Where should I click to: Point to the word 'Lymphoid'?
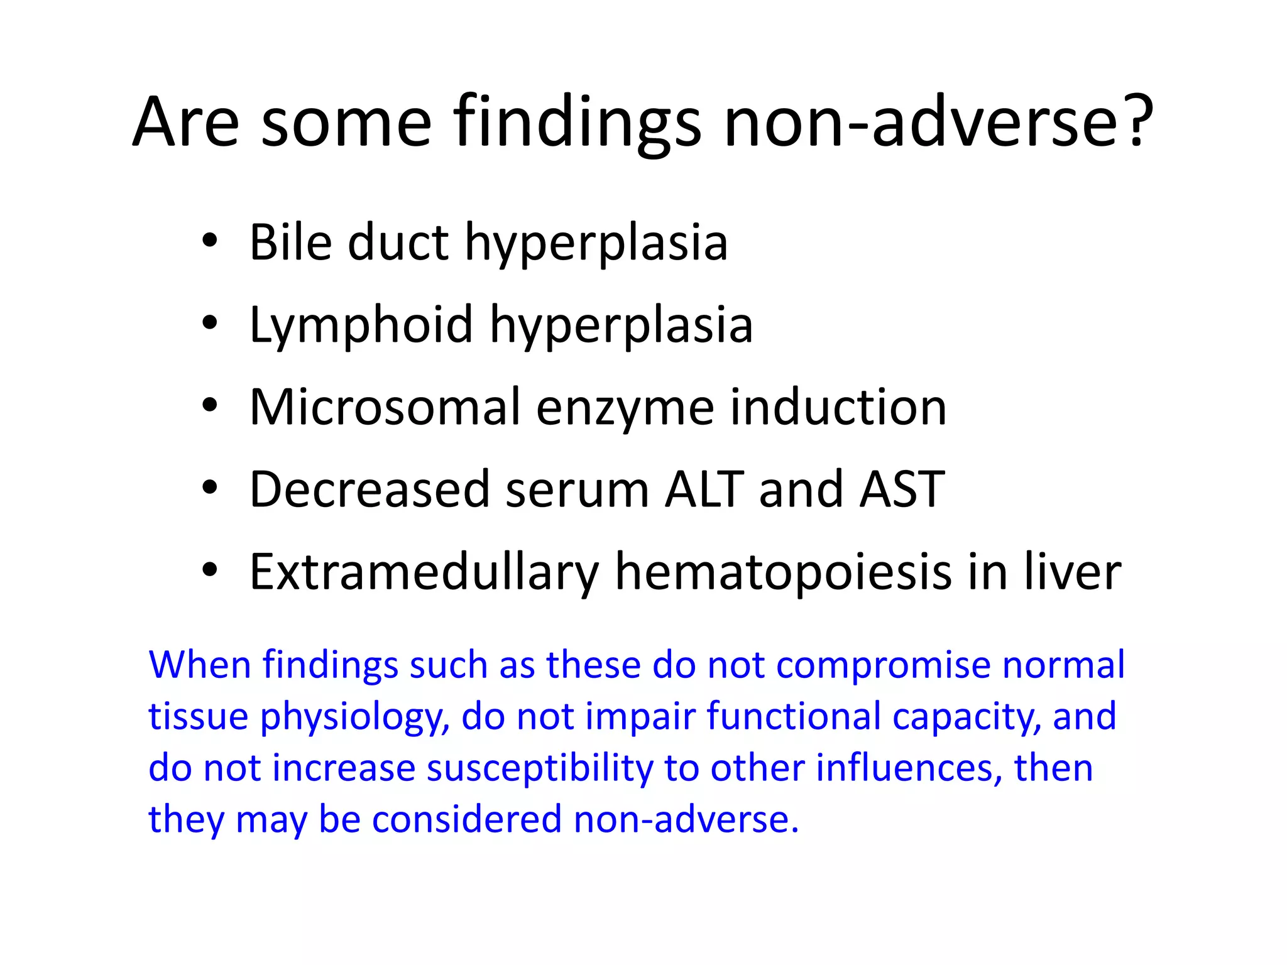tap(361, 325)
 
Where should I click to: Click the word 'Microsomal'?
tap(385, 407)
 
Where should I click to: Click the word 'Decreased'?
tap(370, 489)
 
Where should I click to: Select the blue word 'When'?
tap(199, 665)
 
